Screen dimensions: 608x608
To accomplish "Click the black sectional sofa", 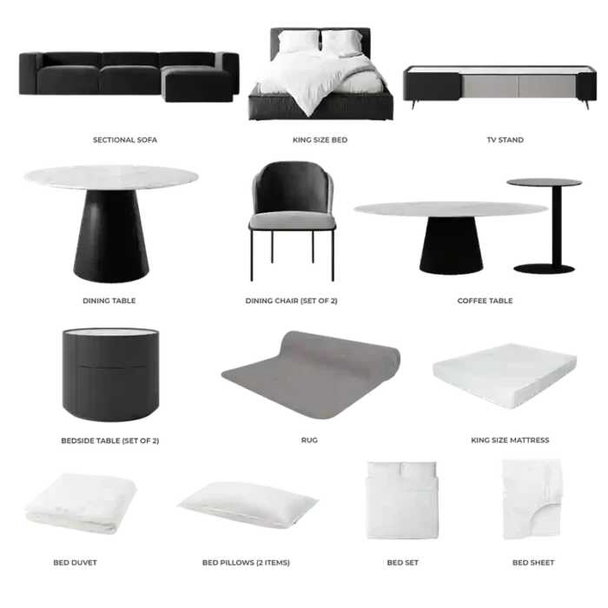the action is pos(129,76).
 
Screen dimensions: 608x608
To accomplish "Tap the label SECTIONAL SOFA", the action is pos(125,140).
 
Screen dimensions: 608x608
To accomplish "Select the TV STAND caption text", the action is pos(505,140).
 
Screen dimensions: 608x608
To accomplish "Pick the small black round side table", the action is pos(545,225).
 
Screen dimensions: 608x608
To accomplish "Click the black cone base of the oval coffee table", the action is pos(451,245).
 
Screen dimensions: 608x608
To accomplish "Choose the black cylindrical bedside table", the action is pos(111,374).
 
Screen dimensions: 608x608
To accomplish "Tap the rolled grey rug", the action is pos(311,374).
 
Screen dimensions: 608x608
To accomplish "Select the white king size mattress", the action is pos(505,376).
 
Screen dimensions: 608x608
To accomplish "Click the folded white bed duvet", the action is pos(81,503).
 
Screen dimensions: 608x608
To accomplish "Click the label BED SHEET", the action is pos(533,563).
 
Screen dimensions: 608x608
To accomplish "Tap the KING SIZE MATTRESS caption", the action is pos(510,440).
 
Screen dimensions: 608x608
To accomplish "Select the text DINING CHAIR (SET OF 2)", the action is pos(291,301).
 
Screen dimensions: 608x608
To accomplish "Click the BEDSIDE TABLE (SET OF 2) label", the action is pos(110,440).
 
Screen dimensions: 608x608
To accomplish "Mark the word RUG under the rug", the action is pos(309,440).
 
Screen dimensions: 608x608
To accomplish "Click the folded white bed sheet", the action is pos(532,499).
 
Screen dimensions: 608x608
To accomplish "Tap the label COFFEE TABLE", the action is pos(485,301).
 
